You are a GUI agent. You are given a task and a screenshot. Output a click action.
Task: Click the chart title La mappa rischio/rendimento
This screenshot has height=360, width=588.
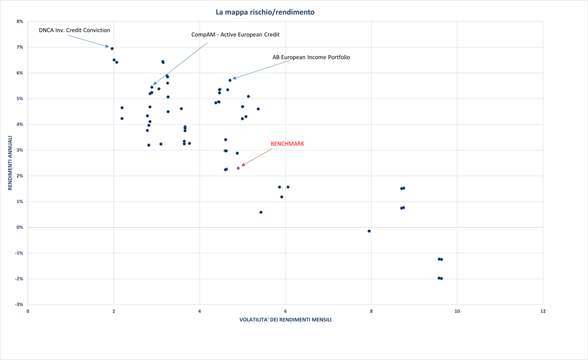click(265, 12)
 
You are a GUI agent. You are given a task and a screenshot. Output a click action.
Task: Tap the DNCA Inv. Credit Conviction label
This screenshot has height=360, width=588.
click(74, 30)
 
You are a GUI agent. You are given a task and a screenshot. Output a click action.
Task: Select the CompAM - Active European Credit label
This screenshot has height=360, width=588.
click(235, 34)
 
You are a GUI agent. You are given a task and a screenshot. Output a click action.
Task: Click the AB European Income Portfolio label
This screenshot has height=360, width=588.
click(311, 57)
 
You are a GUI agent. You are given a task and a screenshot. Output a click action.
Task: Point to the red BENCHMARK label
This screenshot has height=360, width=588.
click(287, 144)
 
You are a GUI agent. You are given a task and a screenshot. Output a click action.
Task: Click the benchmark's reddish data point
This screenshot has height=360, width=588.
click(238, 168)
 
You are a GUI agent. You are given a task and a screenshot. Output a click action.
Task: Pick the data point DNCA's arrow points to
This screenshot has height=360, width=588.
click(112, 48)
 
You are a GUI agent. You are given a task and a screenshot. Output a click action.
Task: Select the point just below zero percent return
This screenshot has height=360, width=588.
click(369, 231)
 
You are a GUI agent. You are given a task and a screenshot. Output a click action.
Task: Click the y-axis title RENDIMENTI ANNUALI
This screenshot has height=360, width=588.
click(10, 163)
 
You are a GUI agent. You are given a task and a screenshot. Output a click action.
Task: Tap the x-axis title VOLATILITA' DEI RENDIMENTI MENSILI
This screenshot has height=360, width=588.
click(285, 320)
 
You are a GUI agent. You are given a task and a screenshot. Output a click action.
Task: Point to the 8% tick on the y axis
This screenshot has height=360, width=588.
click(20, 22)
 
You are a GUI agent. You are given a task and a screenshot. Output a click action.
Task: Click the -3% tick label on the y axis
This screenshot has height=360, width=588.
click(19, 305)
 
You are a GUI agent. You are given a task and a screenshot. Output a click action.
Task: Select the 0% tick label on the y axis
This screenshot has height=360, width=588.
click(20, 228)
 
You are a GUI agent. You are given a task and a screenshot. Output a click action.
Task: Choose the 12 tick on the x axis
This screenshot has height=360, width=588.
click(543, 311)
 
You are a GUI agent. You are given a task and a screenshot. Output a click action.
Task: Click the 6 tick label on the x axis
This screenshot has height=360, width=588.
click(285, 311)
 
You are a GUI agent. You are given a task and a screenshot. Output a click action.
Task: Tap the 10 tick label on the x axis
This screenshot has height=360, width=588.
click(457, 311)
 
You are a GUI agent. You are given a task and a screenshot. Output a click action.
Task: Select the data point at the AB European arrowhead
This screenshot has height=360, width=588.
click(230, 80)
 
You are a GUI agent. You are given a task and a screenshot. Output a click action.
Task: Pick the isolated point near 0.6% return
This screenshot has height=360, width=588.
click(261, 212)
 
